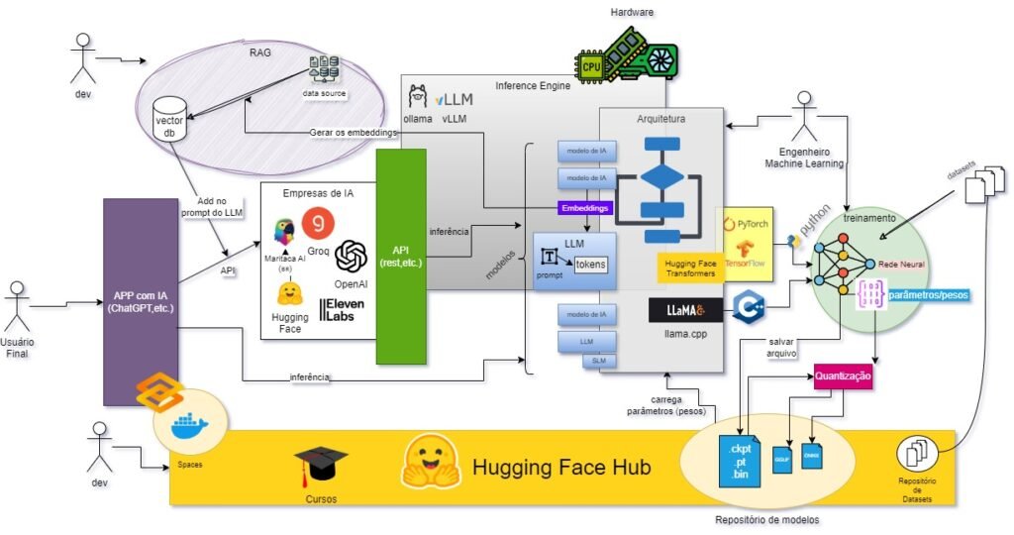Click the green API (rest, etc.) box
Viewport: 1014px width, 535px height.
400,256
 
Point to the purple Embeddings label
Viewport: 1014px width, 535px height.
584,208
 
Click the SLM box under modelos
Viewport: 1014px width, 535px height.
599,362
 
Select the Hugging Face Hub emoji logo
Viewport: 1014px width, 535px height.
433,464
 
